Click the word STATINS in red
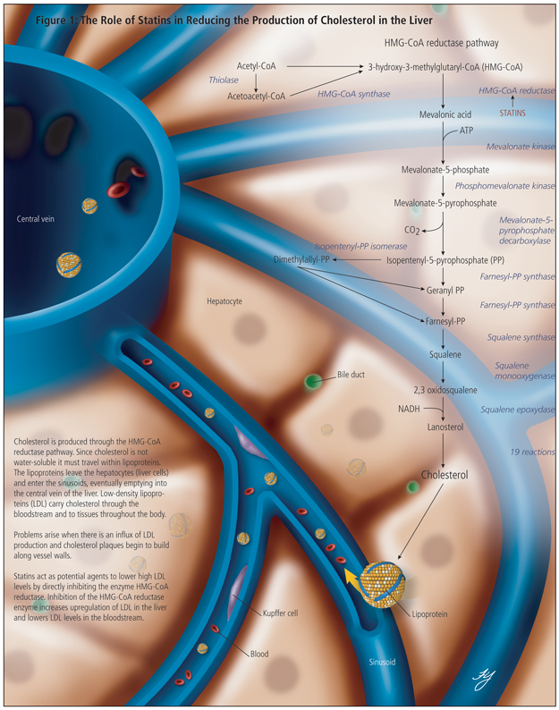coord(512,114)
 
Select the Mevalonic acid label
coord(445,114)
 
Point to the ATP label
coord(466,131)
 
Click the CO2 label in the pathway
coord(412,230)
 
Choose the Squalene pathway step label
coord(445,354)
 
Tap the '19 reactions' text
coord(531,452)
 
